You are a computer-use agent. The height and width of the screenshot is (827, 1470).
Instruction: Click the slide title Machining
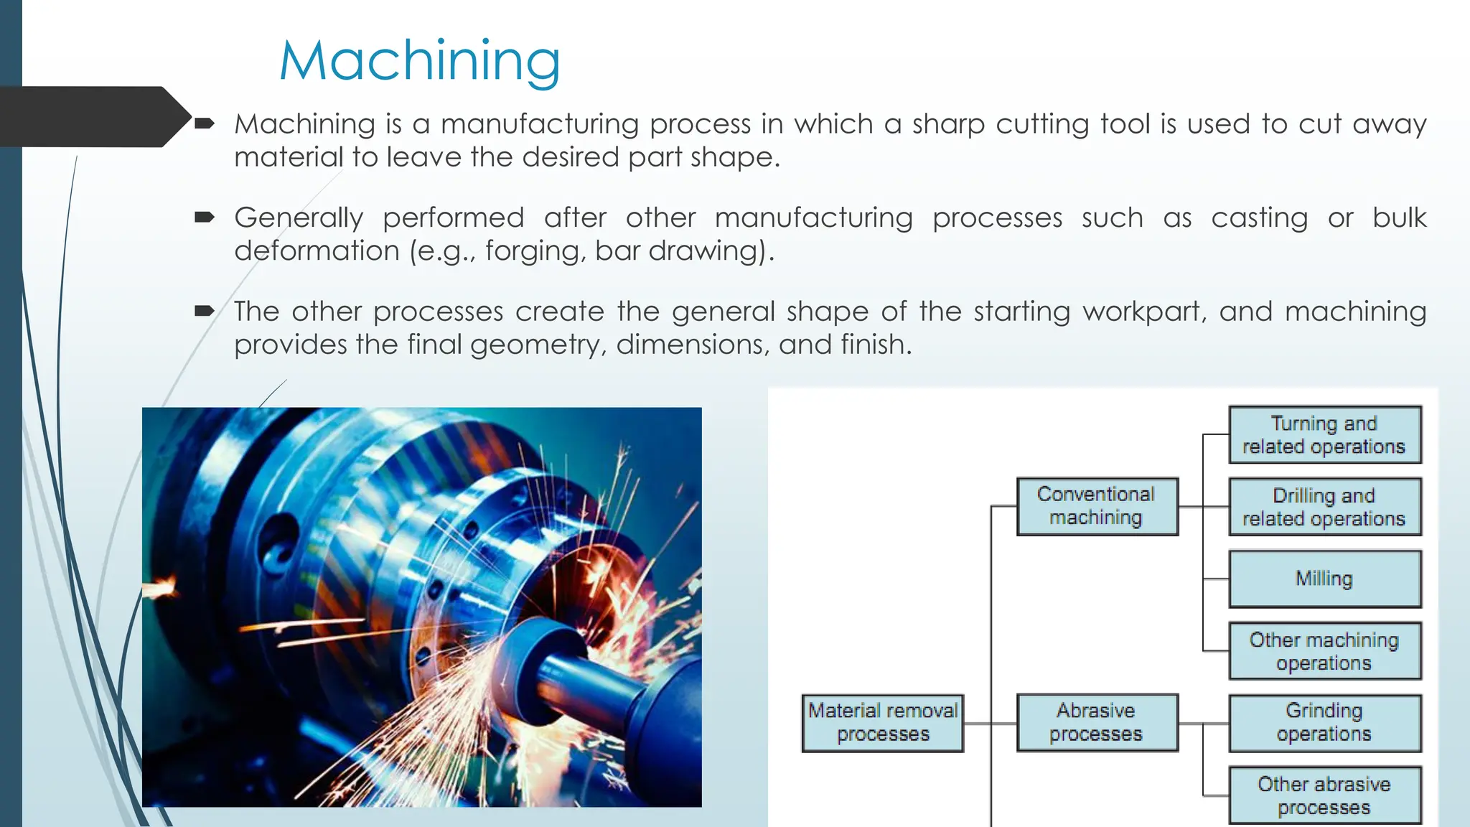(420, 61)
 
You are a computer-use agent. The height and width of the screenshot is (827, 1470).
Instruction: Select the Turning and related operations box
(1324, 434)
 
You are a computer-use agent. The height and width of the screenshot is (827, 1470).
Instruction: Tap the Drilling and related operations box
(1324, 507)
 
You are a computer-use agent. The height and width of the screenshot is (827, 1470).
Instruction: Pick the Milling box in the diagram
(1324, 579)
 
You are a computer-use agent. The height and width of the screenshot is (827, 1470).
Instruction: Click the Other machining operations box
(1324, 651)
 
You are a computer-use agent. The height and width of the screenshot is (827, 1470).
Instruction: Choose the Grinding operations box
(1324, 722)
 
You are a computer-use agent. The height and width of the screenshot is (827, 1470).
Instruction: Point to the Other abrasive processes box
(1324, 795)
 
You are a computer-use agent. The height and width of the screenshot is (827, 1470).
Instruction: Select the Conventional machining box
(1097, 506)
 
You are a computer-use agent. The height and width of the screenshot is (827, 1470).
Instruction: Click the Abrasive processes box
(1097, 722)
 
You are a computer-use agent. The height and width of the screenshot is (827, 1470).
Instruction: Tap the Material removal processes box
(883, 722)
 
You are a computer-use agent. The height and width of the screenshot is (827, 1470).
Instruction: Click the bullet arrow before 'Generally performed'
(205, 217)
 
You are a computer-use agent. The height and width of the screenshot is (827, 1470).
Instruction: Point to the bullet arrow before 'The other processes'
(205, 311)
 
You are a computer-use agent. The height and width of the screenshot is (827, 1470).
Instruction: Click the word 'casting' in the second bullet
(1259, 218)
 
